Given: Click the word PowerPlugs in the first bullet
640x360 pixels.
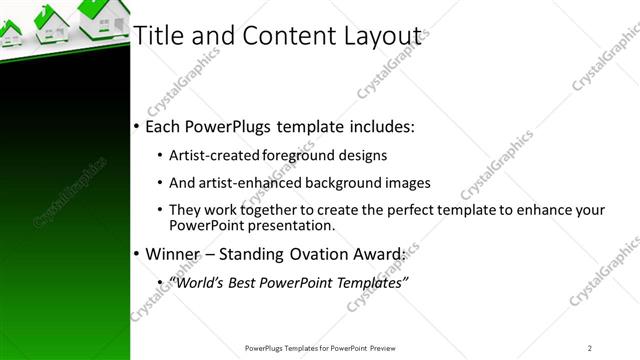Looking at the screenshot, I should point(231,128).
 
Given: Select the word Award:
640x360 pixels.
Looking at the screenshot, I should point(377,254).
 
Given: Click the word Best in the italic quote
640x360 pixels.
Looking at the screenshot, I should point(247,283).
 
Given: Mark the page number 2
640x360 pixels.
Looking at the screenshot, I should point(590,347).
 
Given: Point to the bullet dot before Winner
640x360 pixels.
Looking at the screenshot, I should point(136,255).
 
